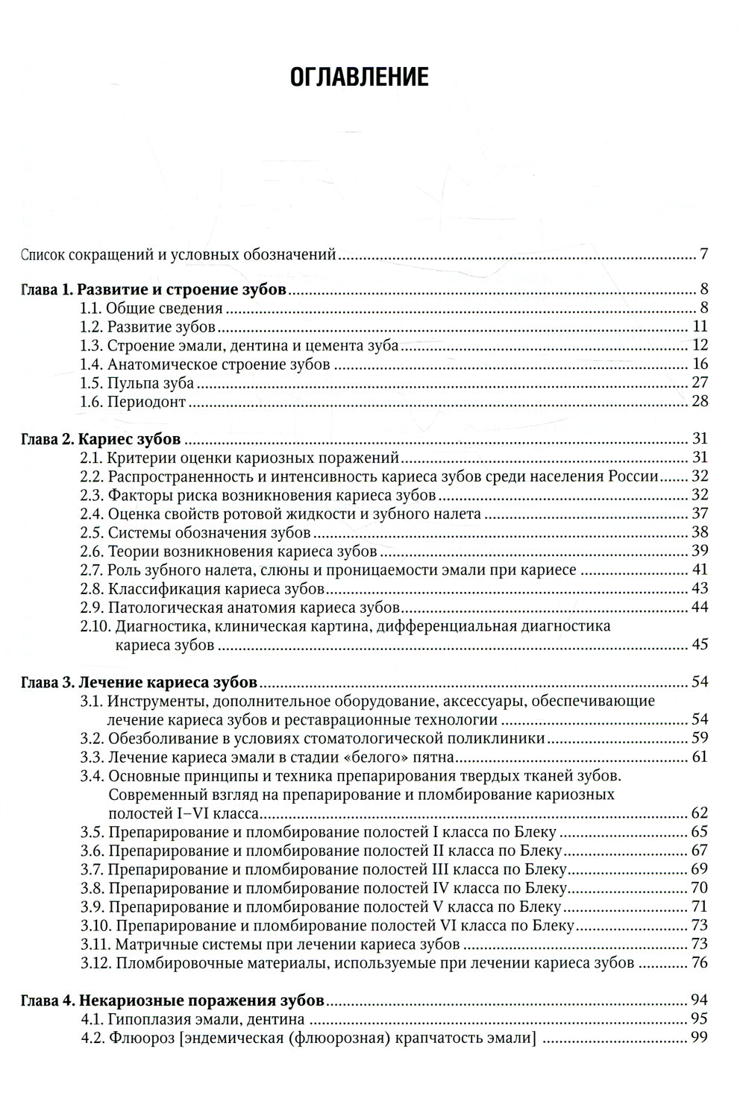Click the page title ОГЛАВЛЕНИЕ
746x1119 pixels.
(x=358, y=78)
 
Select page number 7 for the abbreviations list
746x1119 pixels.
(x=703, y=255)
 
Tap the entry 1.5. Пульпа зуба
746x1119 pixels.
(x=137, y=383)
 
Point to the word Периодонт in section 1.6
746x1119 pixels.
(x=146, y=403)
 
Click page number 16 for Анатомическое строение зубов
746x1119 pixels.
(x=699, y=365)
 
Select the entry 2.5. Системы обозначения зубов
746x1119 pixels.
(x=195, y=533)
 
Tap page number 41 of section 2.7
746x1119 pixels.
(x=699, y=570)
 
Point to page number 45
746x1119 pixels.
(x=699, y=644)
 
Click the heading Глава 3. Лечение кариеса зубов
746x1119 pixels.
(x=140, y=682)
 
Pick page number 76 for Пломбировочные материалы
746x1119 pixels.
(x=699, y=962)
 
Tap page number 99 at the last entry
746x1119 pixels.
(x=699, y=1038)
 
